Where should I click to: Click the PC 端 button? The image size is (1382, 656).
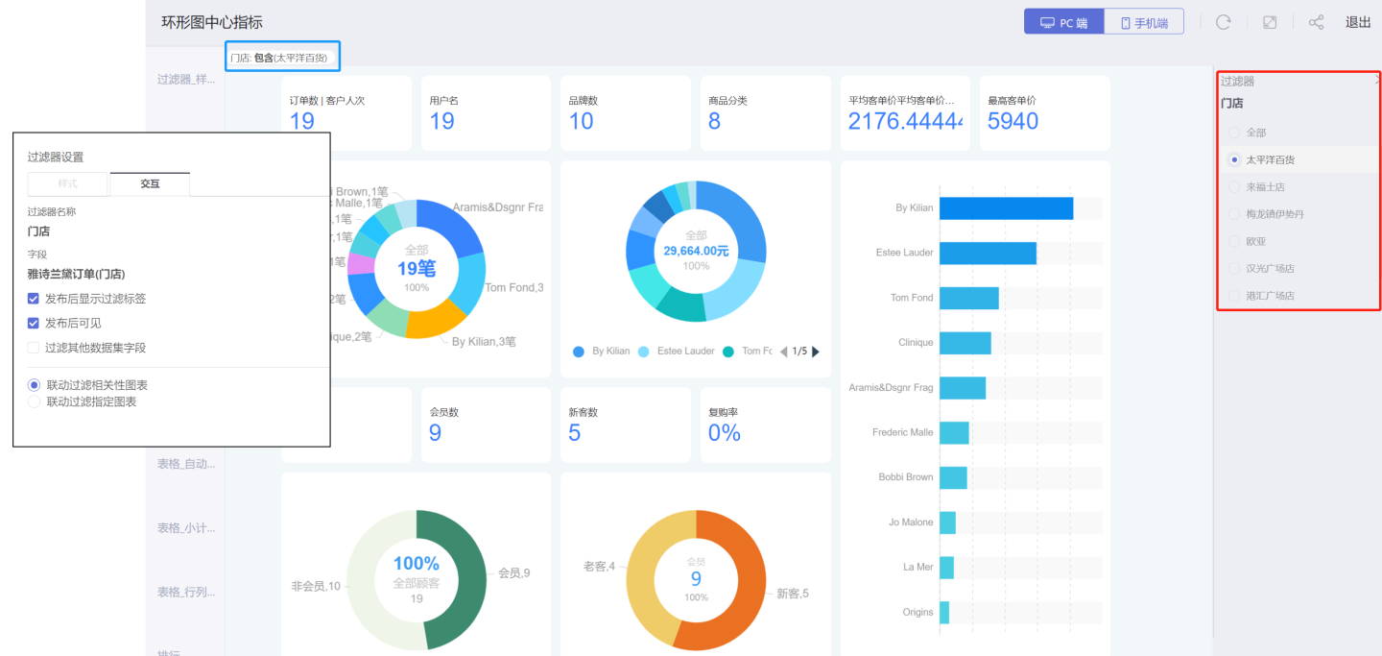[x=1063, y=22]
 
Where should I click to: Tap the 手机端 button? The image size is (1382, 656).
[x=1143, y=22]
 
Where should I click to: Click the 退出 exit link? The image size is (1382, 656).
[x=1358, y=22]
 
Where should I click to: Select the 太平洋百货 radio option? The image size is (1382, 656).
[x=1234, y=159]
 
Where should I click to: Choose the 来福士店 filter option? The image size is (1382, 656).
[x=1234, y=186]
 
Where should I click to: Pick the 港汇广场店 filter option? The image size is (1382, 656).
[x=1234, y=296]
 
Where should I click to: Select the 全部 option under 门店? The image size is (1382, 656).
[x=1234, y=133]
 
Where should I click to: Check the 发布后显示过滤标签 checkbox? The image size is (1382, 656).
[x=34, y=299]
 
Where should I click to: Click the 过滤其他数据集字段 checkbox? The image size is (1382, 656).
[x=34, y=348]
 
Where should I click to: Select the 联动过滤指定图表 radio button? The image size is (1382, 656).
[x=35, y=401]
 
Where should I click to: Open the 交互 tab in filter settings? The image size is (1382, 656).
[x=150, y=183]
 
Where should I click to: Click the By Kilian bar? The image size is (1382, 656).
[x=1005, y=208]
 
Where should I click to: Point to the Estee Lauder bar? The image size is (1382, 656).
[x=987, y=253]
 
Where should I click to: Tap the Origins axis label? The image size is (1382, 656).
[x=917, y=612]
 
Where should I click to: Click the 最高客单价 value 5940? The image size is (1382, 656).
[x=1013, y=121]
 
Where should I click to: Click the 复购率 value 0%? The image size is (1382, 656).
[x=724, y=433]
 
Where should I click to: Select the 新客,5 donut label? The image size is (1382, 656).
[x=792, y=594]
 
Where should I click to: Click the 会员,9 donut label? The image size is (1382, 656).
[x=513, y=573]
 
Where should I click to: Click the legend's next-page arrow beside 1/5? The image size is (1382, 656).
[x=816, y=352]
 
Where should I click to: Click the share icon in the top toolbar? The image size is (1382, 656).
[x=1316, y=22]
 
